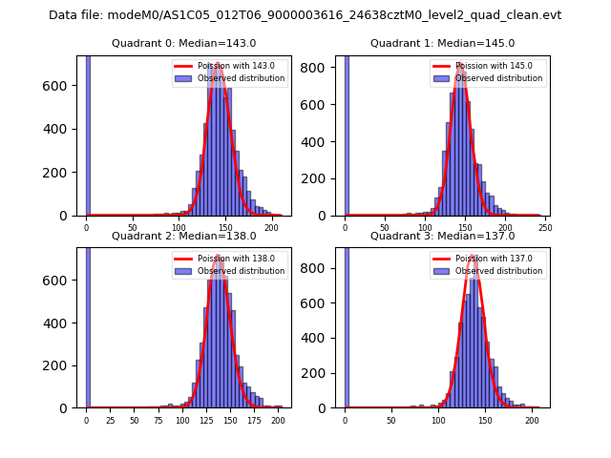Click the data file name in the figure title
(305, 15)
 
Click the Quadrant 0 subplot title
(183, 43)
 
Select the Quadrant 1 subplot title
(442, 43)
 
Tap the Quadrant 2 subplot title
(183, 236)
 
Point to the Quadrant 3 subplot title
(442, 236)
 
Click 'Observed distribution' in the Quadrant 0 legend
(241, 78)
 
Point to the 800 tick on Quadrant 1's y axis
(321, 69)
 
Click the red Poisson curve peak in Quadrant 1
(461, 64)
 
